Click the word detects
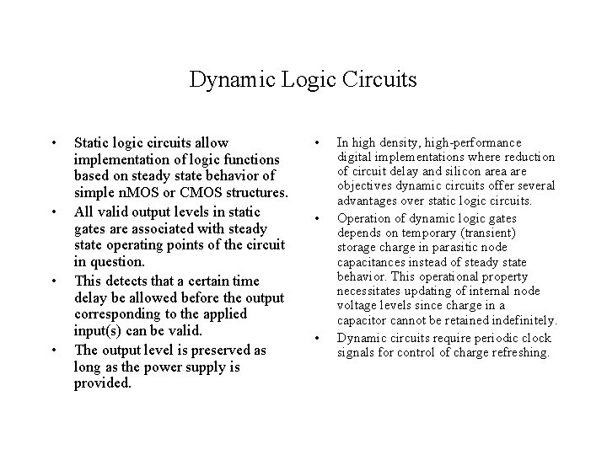(123, 281)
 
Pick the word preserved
(224, 350)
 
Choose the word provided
(103, 384)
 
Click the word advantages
(367, 200)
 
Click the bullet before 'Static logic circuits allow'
(53, 142)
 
